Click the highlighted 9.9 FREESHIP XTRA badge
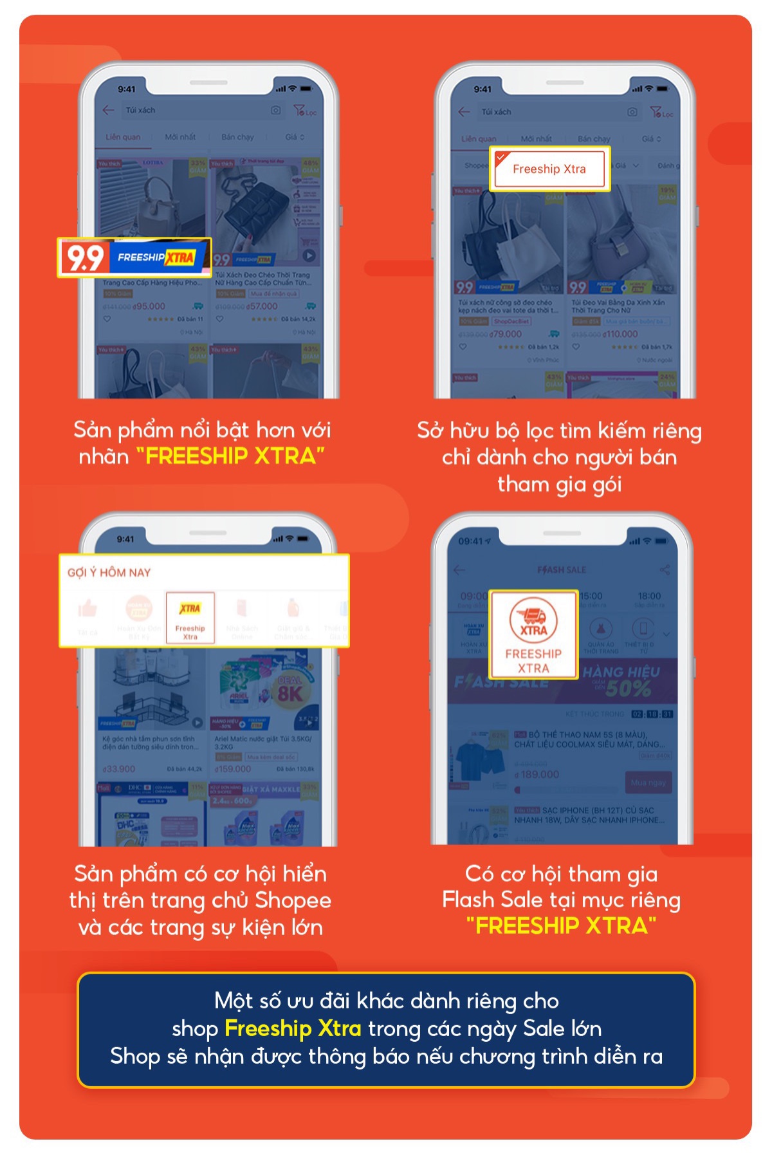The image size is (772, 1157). [x=134, y=258]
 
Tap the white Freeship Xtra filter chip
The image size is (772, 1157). [x=549, y=169]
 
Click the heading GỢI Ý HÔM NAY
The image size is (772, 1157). [x=109, y=573]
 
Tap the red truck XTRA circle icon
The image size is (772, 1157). [x=533, y=620]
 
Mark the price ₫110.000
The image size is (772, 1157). [x=621, y=335]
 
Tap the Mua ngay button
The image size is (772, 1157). [x=648, y=782]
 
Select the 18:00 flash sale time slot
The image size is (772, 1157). [x=649, y=597]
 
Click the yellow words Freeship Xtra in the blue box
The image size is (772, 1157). [x=293, y=1028]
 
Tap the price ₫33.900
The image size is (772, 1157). [x=119, y=769]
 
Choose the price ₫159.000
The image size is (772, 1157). [x=233, y=769]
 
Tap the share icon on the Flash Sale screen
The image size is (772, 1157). [x=665, y=569]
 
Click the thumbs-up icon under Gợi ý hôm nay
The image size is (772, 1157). [x=87, y=607]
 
